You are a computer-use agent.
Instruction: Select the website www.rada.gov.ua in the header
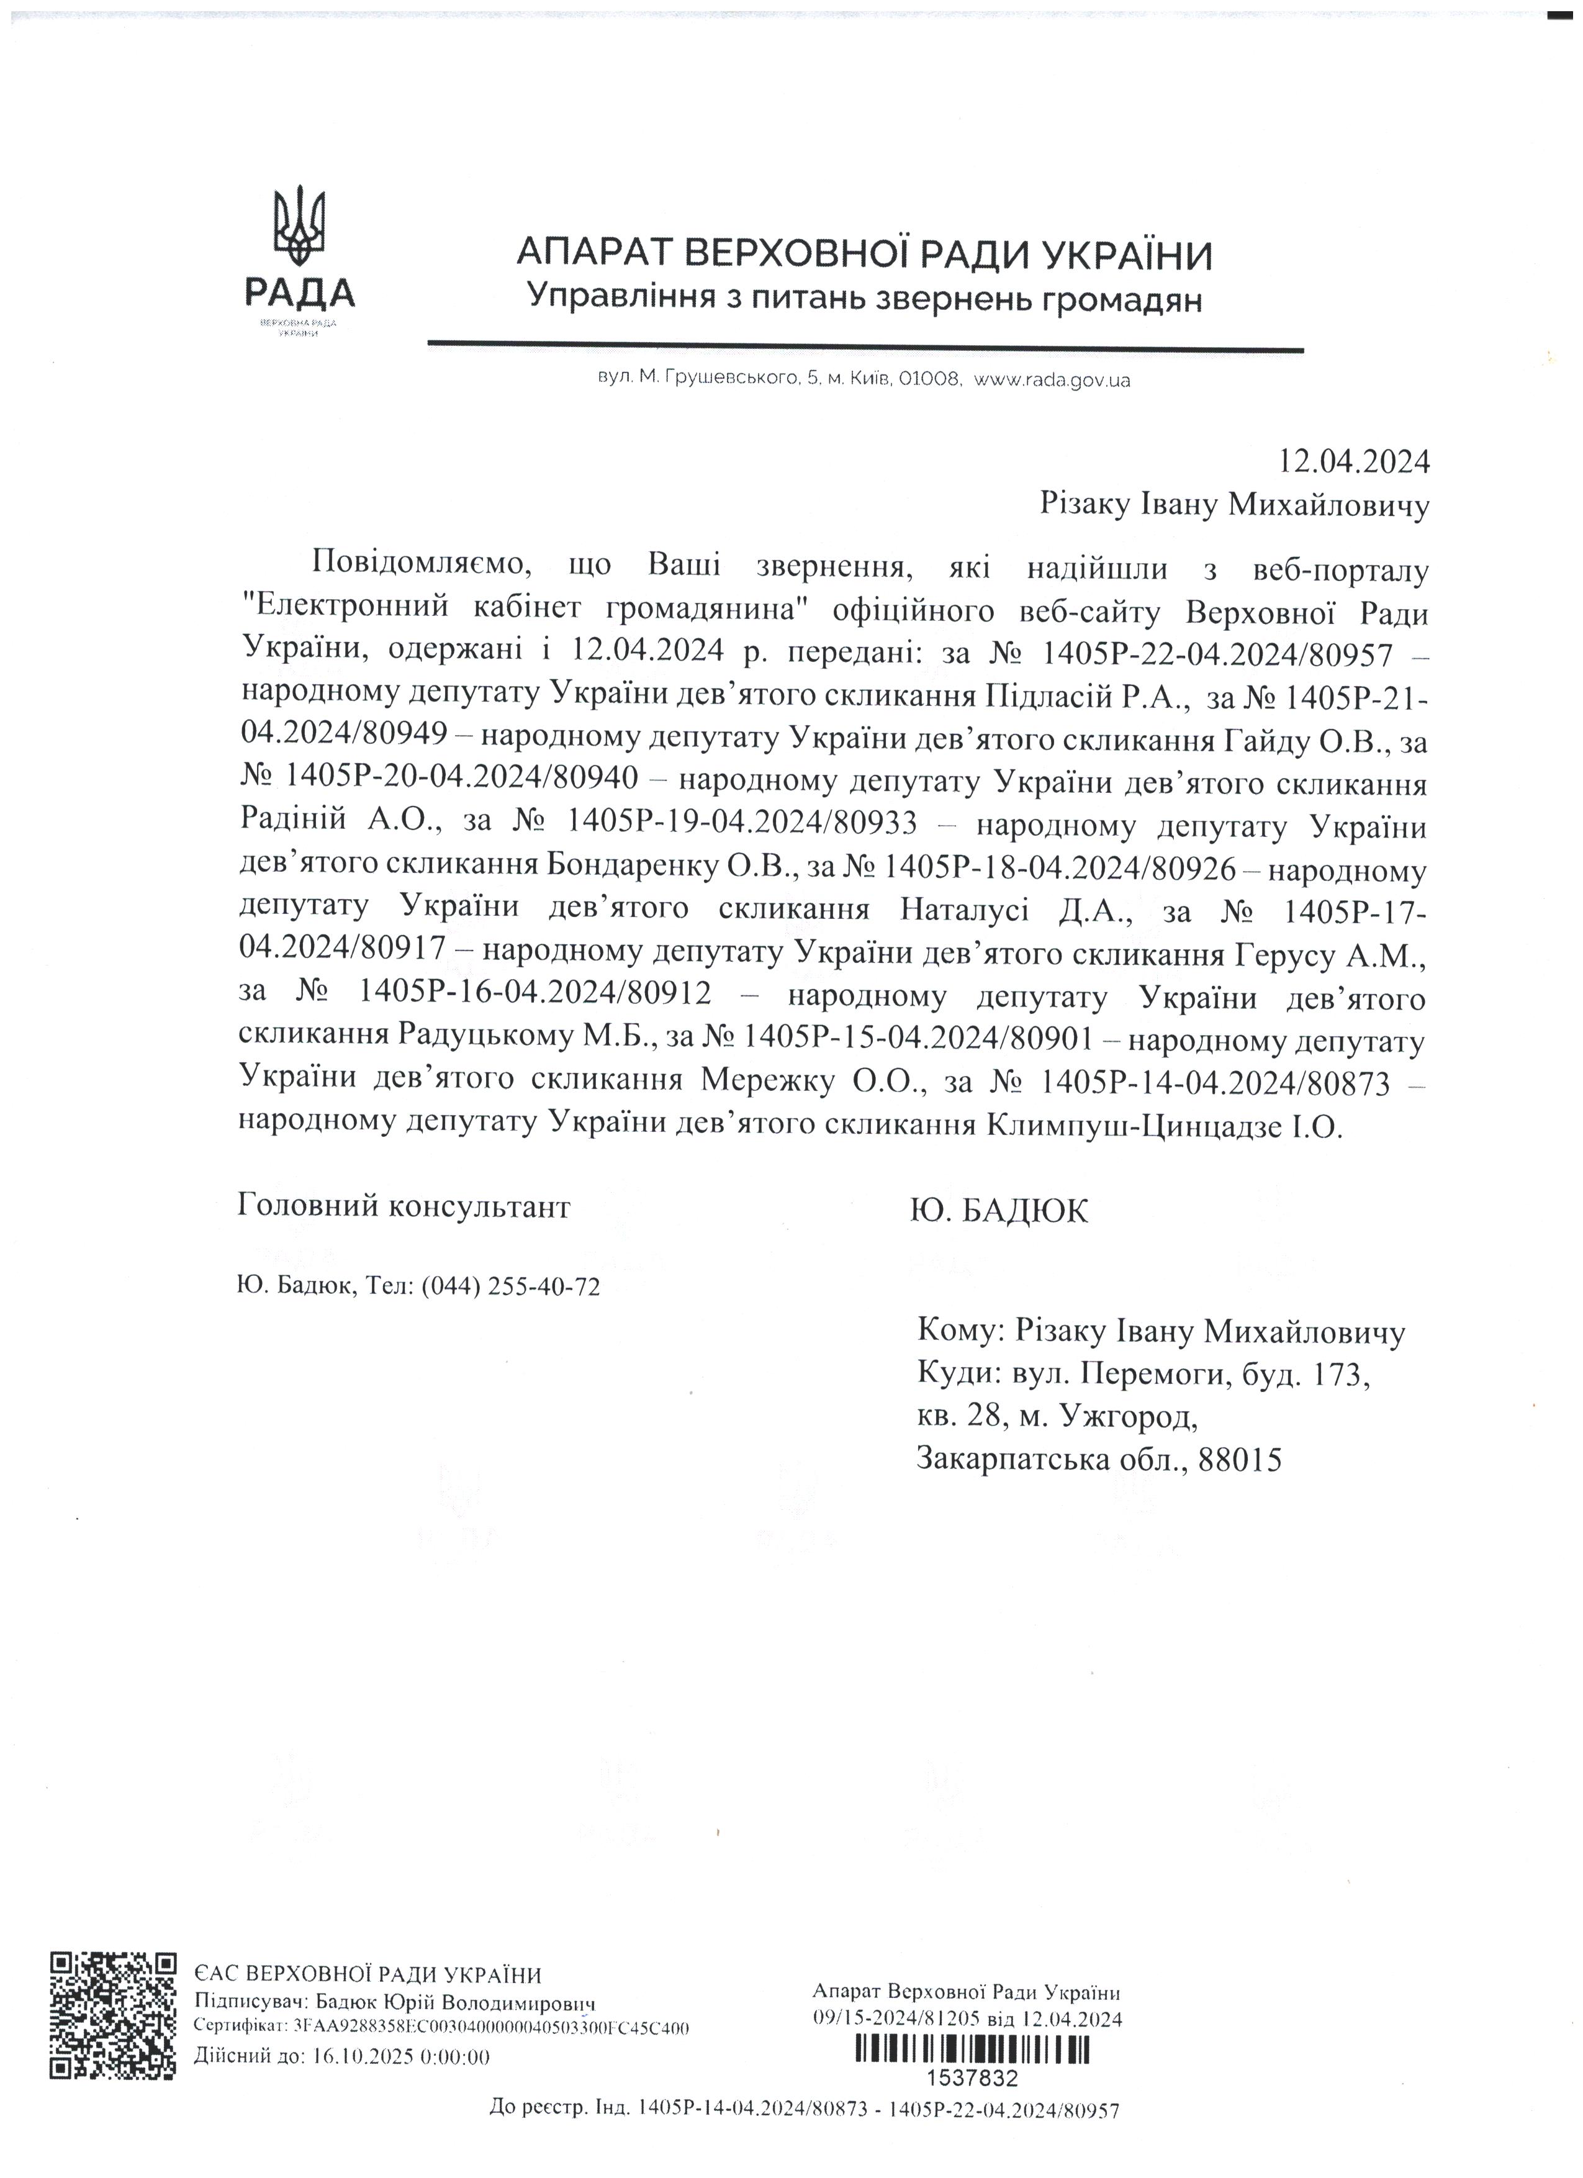(x=1052, y=381)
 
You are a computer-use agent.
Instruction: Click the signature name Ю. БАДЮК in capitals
(x=999, y=1212)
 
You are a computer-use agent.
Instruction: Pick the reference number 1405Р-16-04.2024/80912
(x=534, y=995)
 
